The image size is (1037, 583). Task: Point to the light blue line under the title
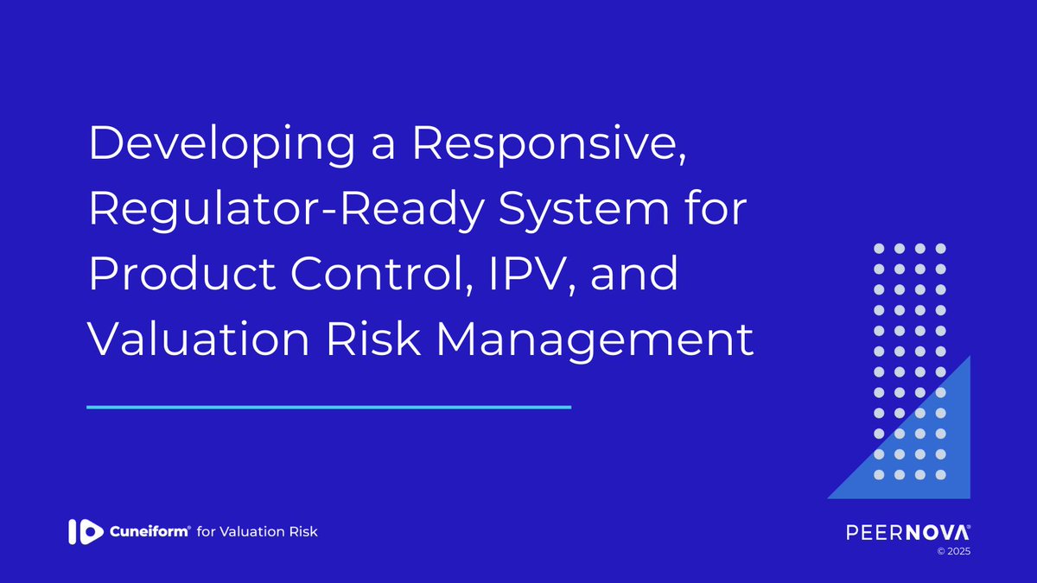[329, 407]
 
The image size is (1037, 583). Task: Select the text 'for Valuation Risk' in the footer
[258, 531]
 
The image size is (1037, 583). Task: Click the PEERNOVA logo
[908, 531]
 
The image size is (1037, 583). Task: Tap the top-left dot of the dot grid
[878, 248]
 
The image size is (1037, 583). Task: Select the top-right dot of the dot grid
[941, 248]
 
